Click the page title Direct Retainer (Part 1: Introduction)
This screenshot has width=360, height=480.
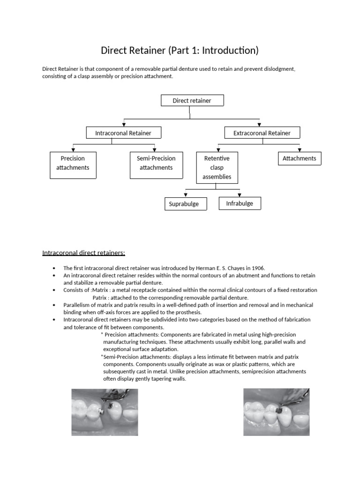click(x=180, y=50)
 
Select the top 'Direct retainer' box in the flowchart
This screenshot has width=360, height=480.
click(x=192, y=100)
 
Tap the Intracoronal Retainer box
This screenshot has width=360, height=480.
click(x=123, y=133)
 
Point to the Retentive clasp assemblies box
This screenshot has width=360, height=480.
click(x=217, y=167)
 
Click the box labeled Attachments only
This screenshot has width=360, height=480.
click(x=299, y=158)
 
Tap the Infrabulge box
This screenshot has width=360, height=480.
click(x=240, y=203)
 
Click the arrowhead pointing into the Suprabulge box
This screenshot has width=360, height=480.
click(x=186, y=195)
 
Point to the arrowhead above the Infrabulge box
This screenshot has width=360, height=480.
click(x=239, y=194)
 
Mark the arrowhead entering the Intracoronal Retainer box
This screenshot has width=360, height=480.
click(x=124, y=125)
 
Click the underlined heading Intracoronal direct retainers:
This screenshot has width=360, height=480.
click(x=84, y=253)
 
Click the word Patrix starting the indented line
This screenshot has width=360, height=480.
click(x=100, y=298)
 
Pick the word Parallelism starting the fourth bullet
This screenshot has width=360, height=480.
click(x=78, y=305)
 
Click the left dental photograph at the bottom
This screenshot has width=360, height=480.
click(x=105, y=412)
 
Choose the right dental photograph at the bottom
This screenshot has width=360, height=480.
click(x=277, y=412)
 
